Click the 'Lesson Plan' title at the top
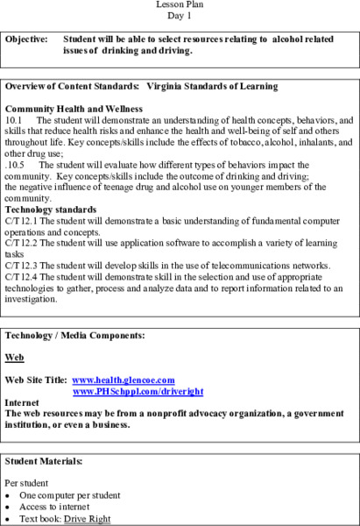pyautogui.click(x=180, y=5)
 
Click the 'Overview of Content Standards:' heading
pyautogui.click(x=71, y=86)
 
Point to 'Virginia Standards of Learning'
pyautogui.click(x=212, y=86)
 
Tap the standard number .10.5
pyautogui.click(x=15, y=165)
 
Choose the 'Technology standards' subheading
pyautogui.click(x=51, y=210)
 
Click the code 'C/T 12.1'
pyautogui.click(x=21, y=222)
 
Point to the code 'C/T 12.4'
pyautogui.click(x=21, y=275)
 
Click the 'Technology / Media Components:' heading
pyautogui.click(x=74, y=336)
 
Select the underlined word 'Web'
pyautogui.click(x=14, y=358)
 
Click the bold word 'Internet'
pyautogui.click(x=22, y=402)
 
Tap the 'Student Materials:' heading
pyautogui.click(x=44, y=460)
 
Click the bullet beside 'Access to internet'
pyautogui.click(x=8, y=505)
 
